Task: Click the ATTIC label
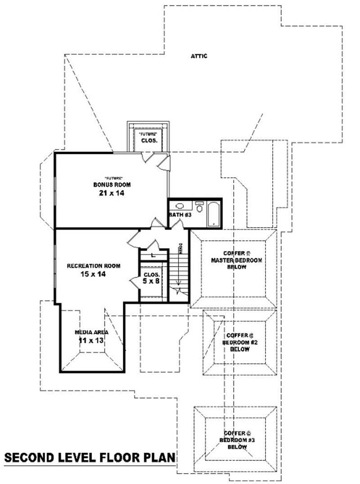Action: click(199, 56)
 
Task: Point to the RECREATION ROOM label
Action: click(94, 266)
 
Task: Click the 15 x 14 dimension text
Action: click(93, 274)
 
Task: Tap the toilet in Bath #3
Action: click(200, 207)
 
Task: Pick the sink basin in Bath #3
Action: click(180, 206)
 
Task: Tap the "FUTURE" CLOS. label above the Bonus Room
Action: click(149, 137)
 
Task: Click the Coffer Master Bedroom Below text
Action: click(237, 260)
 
